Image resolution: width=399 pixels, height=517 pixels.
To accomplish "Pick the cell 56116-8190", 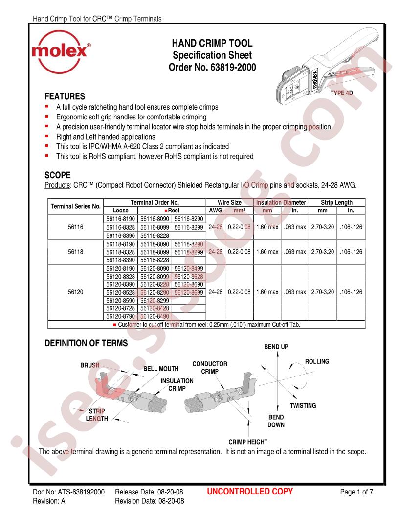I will [121, 220].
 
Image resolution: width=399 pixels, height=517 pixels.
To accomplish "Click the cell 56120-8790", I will [121, 317].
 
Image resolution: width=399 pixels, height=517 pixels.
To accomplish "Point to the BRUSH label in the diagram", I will [90, 365].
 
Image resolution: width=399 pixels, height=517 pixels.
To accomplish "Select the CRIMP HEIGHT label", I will [248, 442].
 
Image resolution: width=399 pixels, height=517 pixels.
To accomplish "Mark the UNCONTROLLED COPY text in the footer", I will [250, 492].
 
